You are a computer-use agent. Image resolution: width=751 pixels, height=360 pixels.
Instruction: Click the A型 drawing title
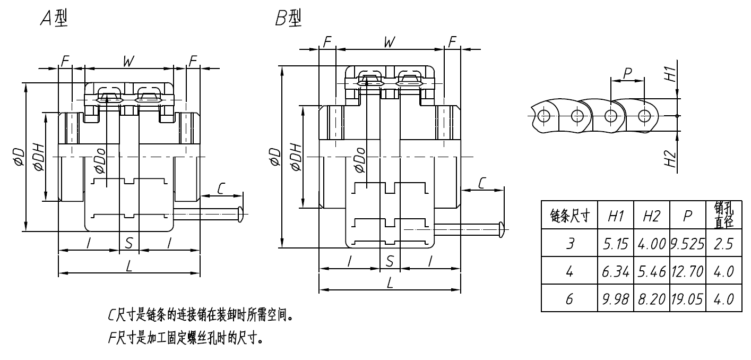point(54,20)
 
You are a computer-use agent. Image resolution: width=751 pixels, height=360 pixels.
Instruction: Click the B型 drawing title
point(288,20)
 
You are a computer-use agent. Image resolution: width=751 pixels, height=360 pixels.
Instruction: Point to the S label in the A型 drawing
point(128,244)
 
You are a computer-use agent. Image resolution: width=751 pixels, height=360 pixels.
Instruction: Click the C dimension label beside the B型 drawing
point(482,183)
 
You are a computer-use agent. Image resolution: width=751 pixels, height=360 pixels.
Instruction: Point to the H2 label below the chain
point(671,158)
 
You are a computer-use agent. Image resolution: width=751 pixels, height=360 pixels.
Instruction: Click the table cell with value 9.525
point(688,244)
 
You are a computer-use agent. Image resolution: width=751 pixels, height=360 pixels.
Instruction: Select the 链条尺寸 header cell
point(569,216)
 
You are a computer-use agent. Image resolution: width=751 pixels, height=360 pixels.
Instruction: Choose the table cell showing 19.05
point(688,299)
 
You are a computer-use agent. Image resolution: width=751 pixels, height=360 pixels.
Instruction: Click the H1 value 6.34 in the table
point(616,271)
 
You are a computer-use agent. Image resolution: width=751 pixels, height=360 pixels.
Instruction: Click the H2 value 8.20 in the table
point(652,299)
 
